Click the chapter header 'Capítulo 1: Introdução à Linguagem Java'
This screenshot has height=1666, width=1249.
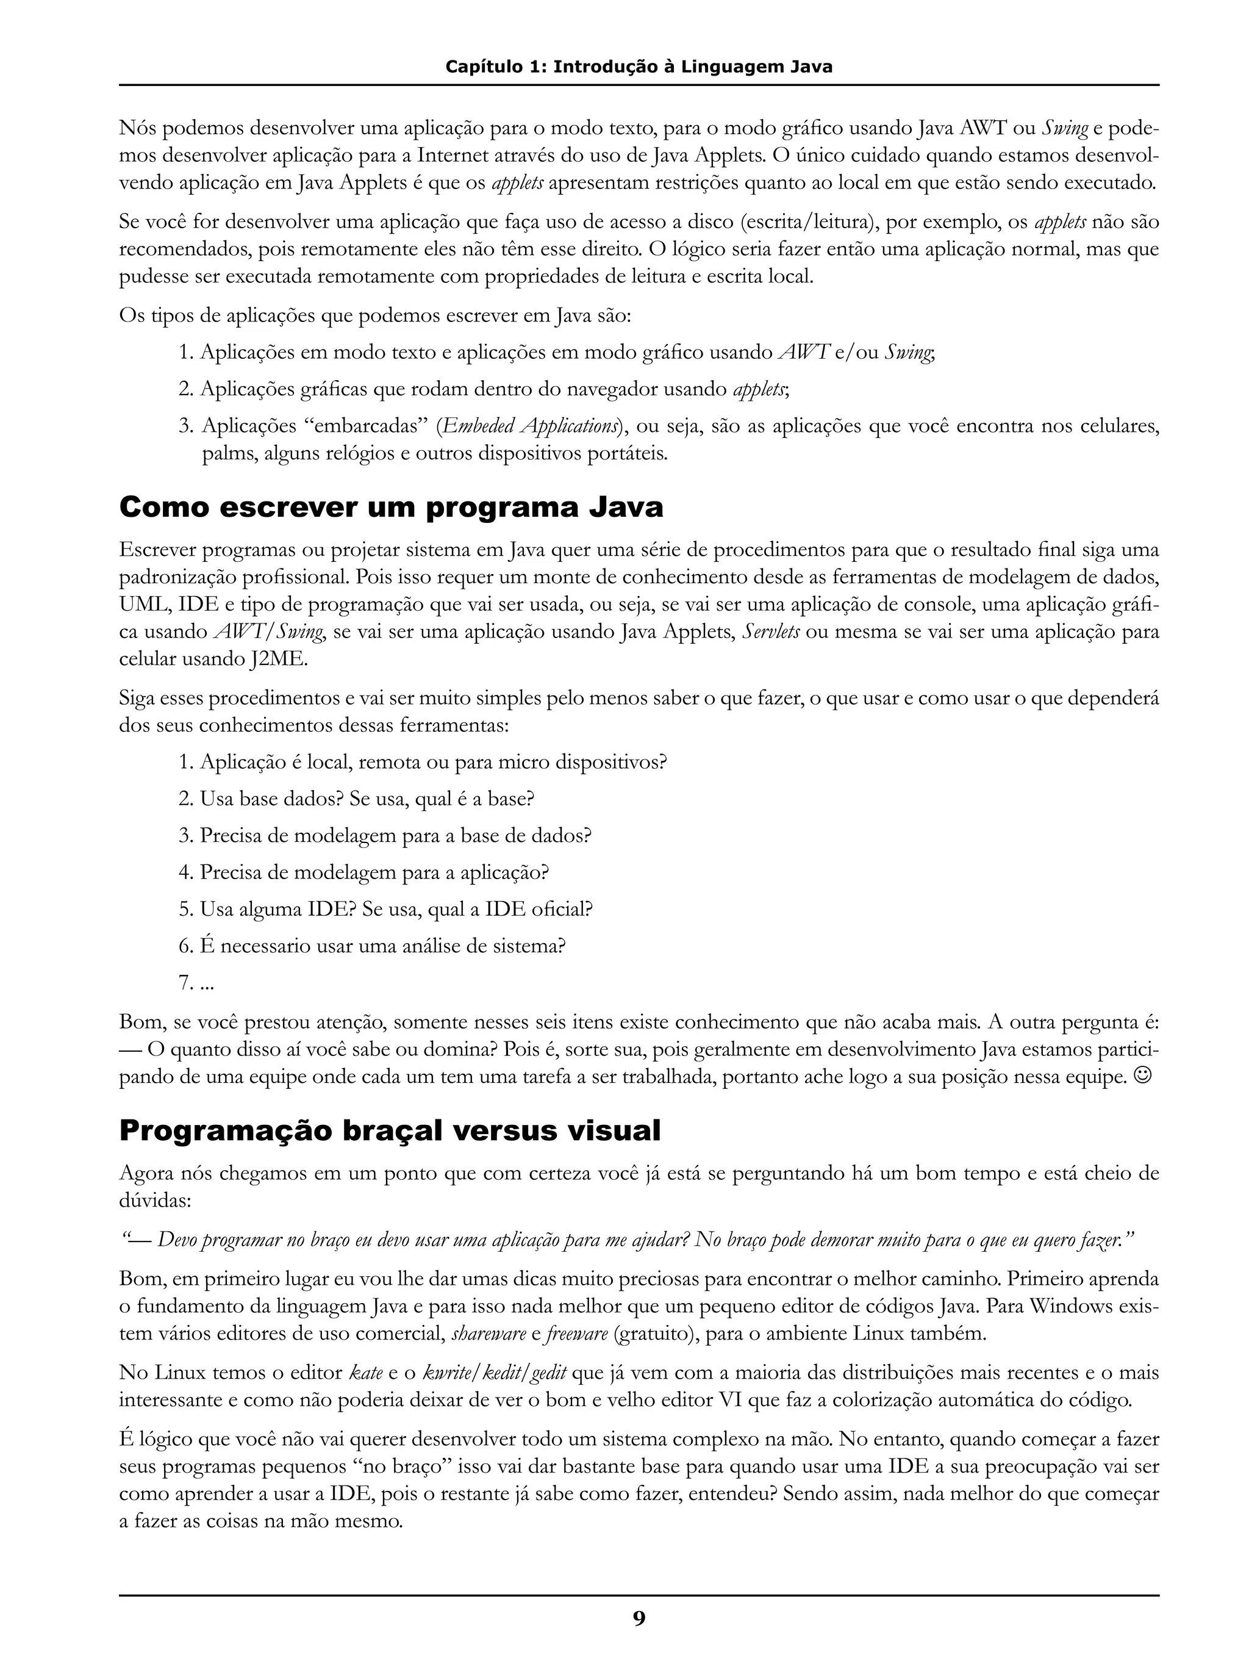coord(639,67)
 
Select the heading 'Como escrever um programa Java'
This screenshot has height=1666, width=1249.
coord(391,507)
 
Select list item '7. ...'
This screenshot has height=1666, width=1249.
coord(196,982)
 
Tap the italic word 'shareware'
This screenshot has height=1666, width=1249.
coord(489,1334)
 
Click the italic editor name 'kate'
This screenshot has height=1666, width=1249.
coord(367,1373)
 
